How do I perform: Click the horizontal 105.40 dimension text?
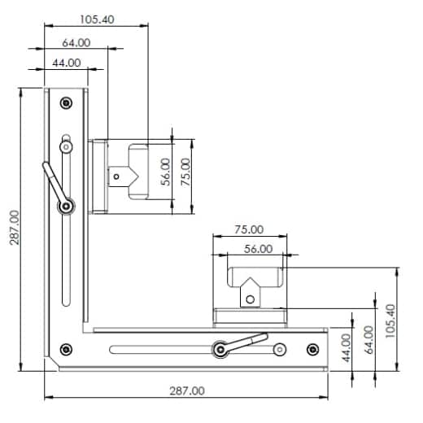click(x=98, y=18)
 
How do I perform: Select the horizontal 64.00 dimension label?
click(x=75, y=42)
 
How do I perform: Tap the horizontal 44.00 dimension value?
click(x=66, y=62)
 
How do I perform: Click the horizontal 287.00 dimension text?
click(x=187, y=390)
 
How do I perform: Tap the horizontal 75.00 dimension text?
click(x=249, y=229)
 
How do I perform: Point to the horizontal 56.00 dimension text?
click(x=257, y=249)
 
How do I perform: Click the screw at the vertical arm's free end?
click(x=66, y=102)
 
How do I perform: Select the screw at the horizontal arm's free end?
click(x=312, y=350)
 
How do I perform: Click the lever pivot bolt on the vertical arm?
click(x=65, y=207)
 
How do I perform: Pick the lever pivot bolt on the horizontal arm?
click(x=219, y=350)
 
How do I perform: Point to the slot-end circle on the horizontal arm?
click(x=279, y=350)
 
